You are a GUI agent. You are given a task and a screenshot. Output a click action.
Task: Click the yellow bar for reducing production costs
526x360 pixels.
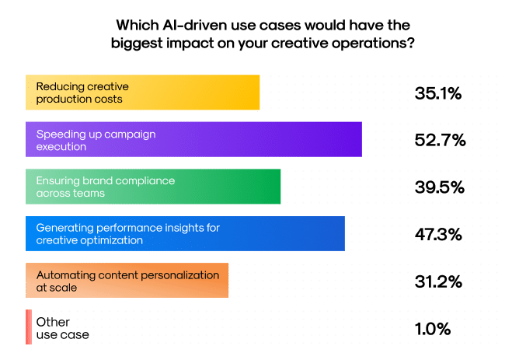coord(142,93)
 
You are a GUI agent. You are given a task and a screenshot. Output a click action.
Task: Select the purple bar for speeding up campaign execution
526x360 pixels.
coord(194,139)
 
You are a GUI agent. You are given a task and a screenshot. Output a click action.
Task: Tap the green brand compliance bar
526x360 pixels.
coord(153,187)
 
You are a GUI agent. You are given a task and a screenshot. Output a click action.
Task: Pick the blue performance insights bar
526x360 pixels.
coord(185,233)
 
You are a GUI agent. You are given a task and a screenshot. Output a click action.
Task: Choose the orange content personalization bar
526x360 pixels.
coord(127,281)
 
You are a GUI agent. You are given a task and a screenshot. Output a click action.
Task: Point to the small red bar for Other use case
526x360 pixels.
coord(29,327)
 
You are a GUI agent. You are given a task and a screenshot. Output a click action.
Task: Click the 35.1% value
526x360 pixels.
coord(438,93)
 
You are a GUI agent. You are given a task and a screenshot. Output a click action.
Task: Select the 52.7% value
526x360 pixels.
coord(440,140)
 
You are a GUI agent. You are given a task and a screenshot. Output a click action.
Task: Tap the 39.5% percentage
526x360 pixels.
coord(440,187)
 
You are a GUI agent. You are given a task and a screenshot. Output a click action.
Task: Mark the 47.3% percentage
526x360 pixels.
coord(438,234)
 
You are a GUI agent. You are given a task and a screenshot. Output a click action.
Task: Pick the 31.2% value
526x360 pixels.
coord(438,281)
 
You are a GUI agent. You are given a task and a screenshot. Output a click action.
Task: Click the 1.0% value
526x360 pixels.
coord(433,328)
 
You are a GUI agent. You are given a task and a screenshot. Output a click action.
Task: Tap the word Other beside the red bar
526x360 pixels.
coord(53,322)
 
